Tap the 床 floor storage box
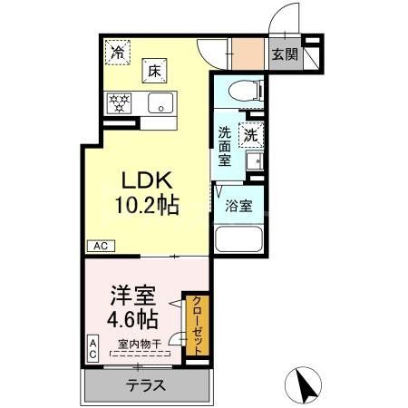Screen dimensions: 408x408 point(154,70)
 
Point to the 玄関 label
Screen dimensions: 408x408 point(284,53)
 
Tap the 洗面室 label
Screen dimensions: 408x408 point(225,146)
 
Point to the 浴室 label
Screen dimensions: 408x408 point(238,206)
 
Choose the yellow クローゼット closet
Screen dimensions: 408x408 point(196,325)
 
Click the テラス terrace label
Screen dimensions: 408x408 point(145,384)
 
